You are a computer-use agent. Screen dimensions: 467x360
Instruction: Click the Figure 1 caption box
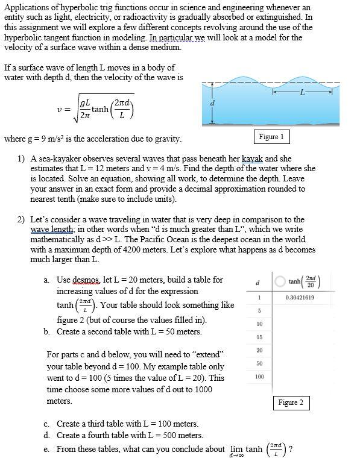coord(271,137)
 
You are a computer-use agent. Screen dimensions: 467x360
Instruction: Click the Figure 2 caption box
coord(291,402)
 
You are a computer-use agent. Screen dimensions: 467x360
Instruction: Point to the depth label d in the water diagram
coord(212,103)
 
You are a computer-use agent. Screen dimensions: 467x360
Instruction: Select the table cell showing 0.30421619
coord(300,298)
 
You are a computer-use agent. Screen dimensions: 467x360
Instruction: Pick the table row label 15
coord(259,337)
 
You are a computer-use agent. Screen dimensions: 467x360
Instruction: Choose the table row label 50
coord(259,363)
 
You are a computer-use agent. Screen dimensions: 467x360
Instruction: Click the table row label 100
coord(259,377)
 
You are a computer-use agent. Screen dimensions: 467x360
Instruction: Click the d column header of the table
coord(258,283)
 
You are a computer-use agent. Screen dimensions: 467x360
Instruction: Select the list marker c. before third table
coord(47,424)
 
